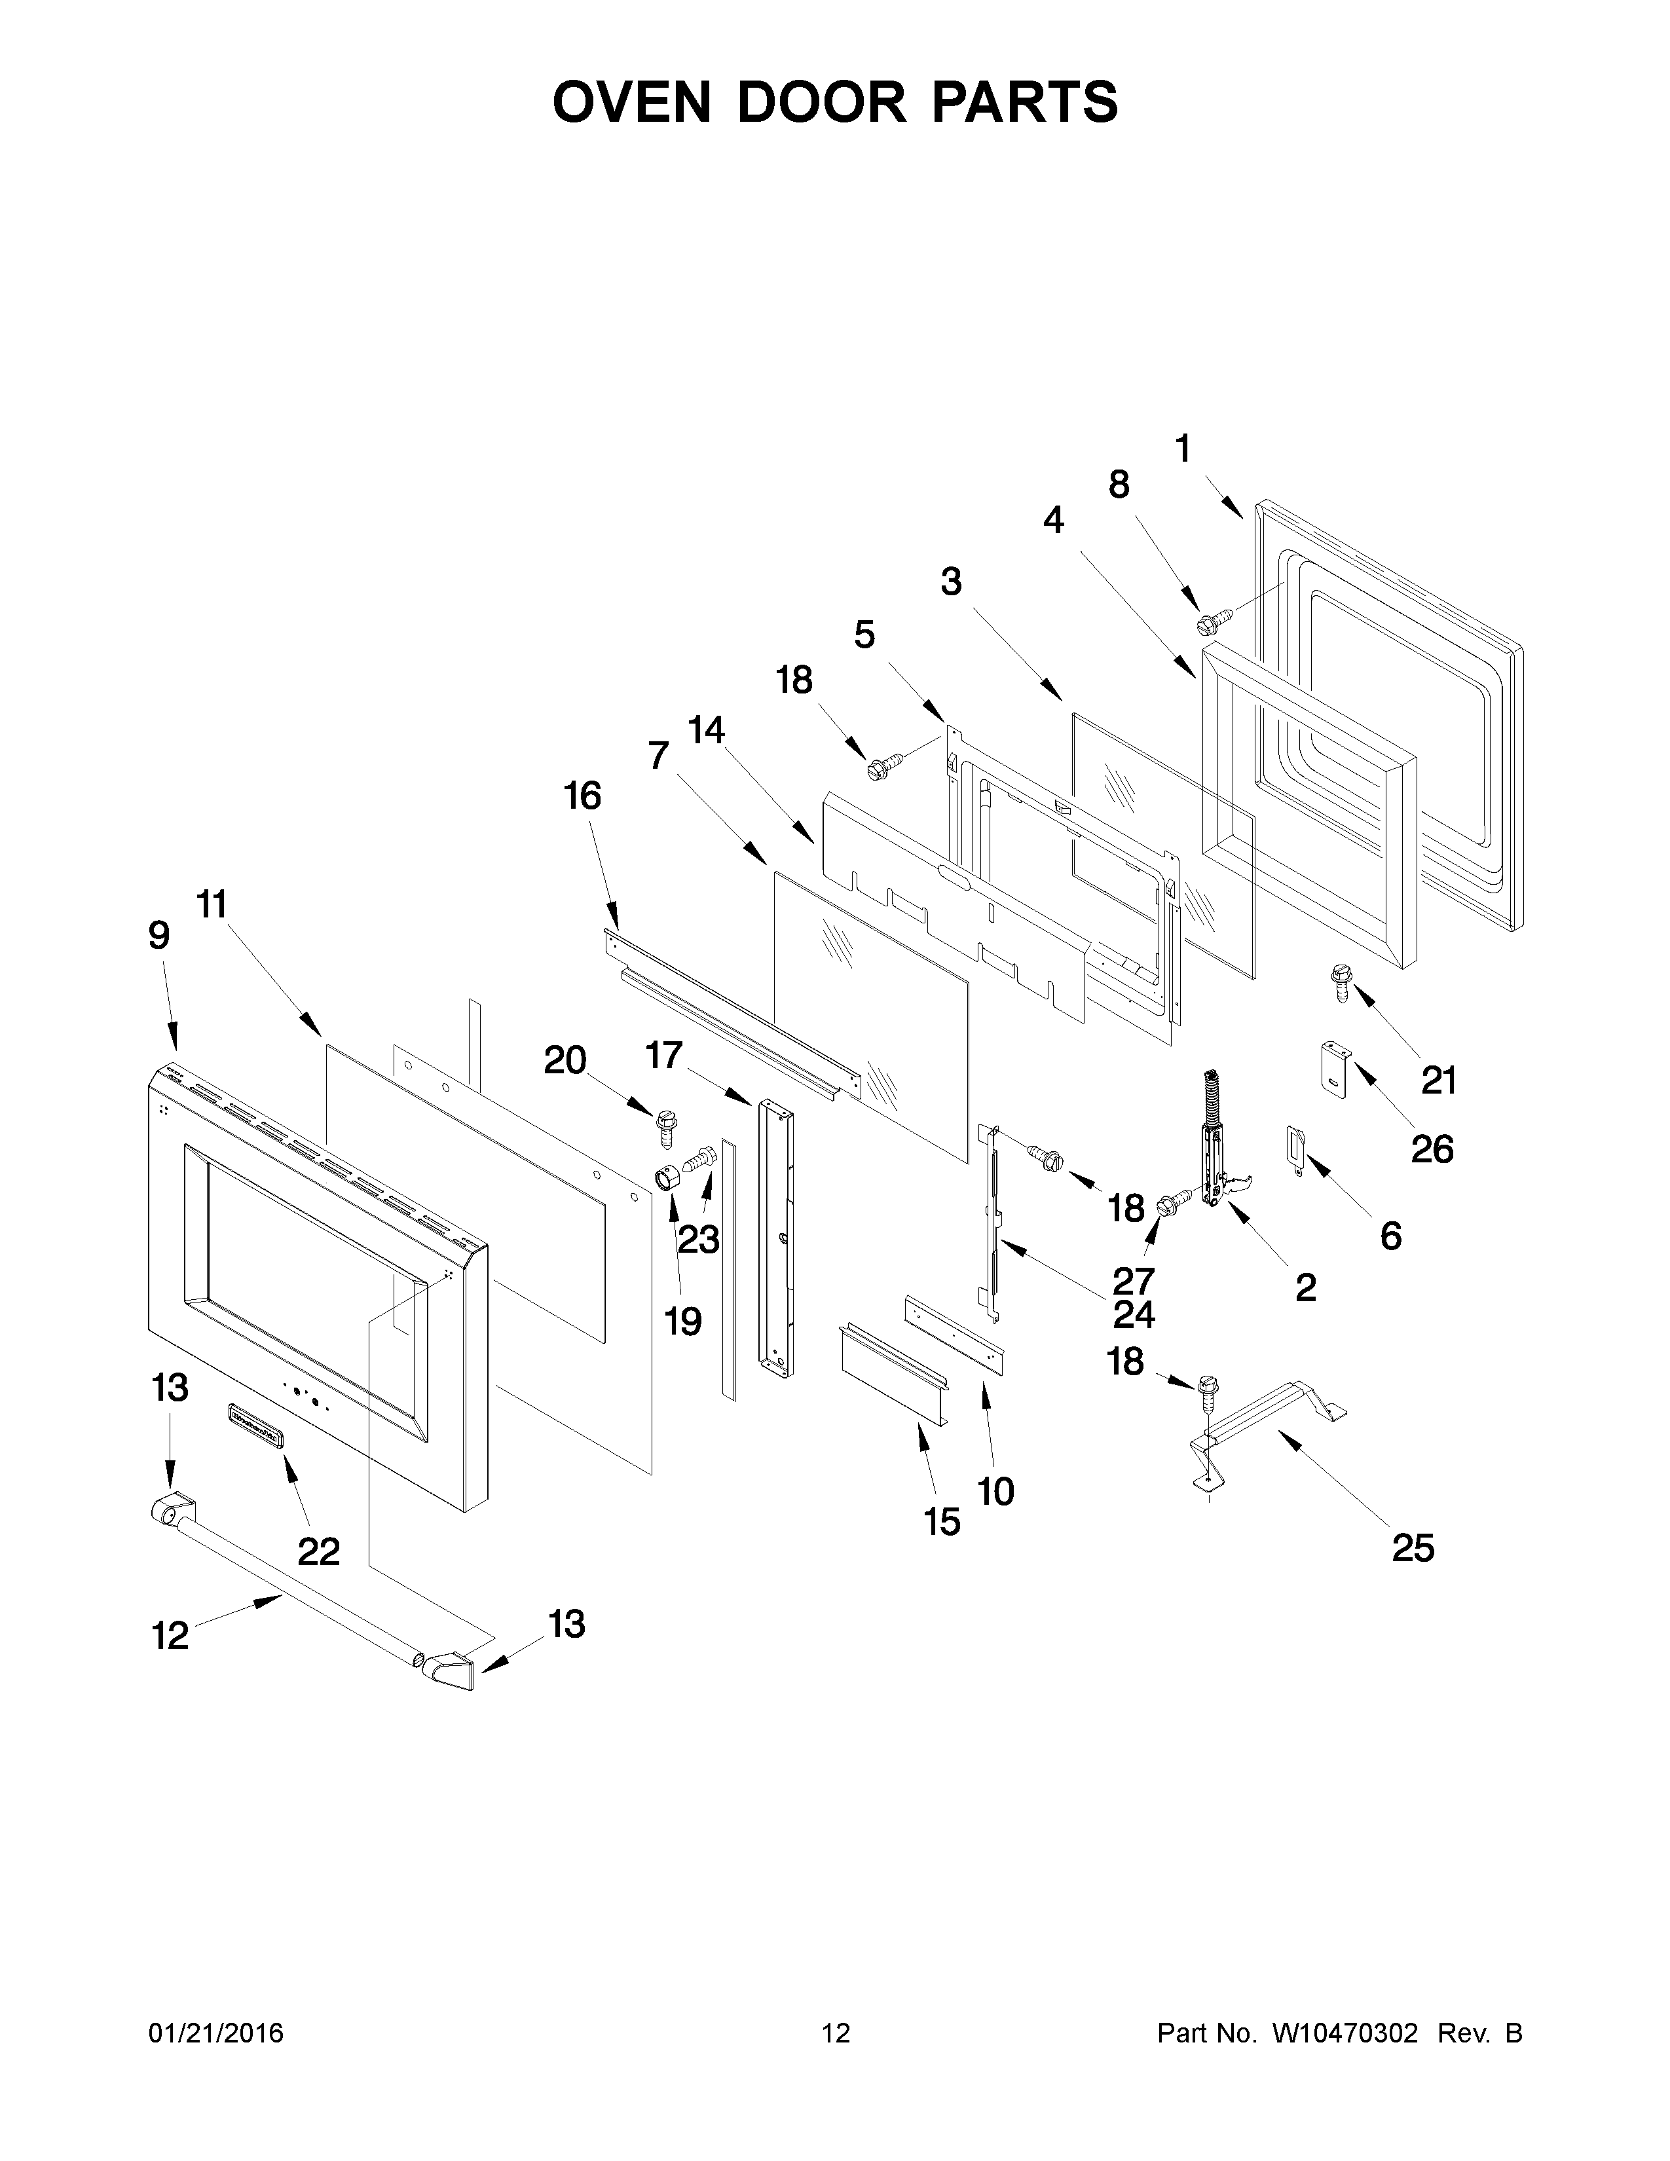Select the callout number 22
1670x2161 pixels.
coord(318,1551)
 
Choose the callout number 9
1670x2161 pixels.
coord(158,935)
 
